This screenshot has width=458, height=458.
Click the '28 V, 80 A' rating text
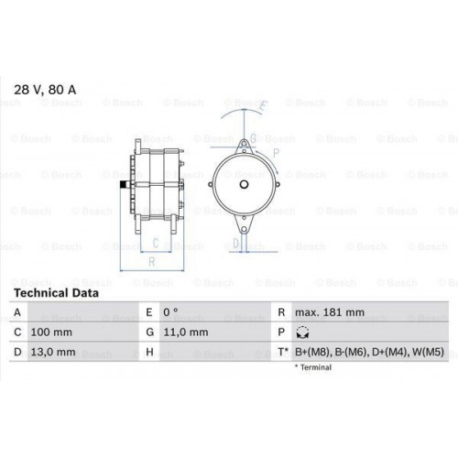(45, 89)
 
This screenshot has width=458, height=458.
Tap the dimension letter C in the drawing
(157, 243)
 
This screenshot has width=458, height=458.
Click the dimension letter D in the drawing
(234, 243)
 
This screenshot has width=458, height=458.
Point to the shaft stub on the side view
(122, 190)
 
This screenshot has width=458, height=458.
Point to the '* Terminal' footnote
(315, 367)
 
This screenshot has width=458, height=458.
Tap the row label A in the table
(18, 312)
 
